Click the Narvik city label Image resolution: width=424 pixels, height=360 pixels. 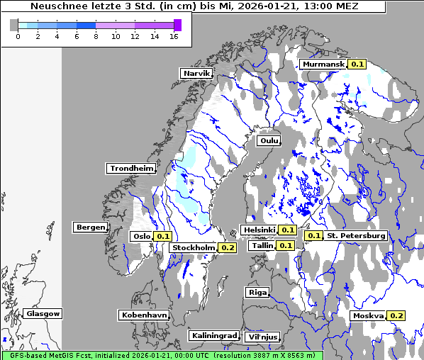[x=196, y=73]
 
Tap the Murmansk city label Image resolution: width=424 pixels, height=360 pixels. [x=323, y=64]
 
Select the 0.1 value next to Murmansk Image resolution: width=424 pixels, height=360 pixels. [x=357, y=64]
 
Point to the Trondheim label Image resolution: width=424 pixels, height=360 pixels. [x=131, y=169]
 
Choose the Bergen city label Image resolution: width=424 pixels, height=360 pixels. [x=89, y=227]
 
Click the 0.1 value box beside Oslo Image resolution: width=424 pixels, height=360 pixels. [x=162, y=237]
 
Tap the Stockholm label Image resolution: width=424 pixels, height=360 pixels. [x=194, y=248]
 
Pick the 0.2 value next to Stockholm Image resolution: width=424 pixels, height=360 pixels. [x=227, y=248]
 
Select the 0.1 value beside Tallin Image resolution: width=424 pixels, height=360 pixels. [x=285, y=246]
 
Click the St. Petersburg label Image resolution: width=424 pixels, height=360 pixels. [x=357, y=235]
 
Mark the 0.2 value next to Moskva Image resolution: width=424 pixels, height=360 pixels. [x=396, y=316]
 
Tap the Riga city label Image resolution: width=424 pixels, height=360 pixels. [x=257, y=292]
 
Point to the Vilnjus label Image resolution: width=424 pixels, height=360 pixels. [x=262, y=337]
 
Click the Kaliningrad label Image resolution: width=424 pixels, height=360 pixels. [x=213, y=335]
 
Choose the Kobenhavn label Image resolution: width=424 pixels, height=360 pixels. [x=144, y=315]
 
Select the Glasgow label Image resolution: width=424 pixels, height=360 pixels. [x=43, y=313]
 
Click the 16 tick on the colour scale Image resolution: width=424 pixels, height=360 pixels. [x=174, y=36]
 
